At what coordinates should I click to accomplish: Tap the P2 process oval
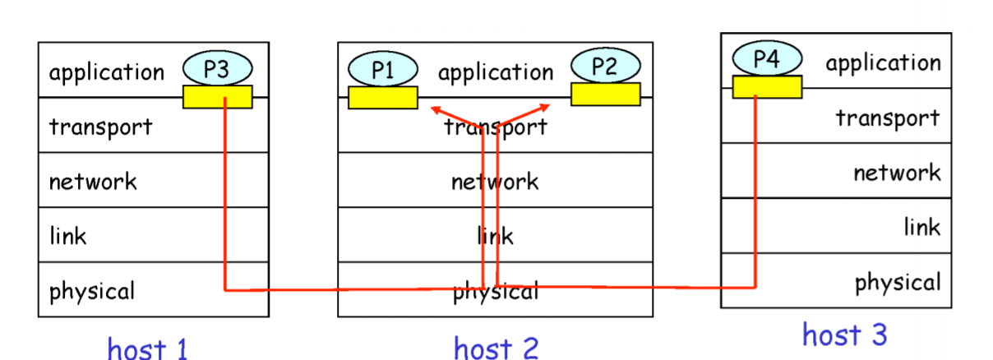click(x=605, y=67)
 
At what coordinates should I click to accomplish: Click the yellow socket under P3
click(x=217, y=97)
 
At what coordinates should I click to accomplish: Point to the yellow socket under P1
click(x=383, y=98)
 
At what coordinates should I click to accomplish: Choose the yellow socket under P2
click(x=605, y=95)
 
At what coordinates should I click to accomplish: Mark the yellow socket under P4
click(x=767, y=86)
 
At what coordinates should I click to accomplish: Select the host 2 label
click(x=496, y=348)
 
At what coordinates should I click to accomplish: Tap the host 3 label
click(x=844, y=335)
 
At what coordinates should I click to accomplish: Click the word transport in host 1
click(x=100, y=127)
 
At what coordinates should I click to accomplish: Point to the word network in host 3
click(x=896, y=173)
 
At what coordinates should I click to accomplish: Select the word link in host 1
click(x=67, y=236)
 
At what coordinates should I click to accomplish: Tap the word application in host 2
click(x=495, y=72)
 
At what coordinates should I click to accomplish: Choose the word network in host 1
click(x=93, y=181)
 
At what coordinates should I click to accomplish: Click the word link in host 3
click(x=922, y=227)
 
